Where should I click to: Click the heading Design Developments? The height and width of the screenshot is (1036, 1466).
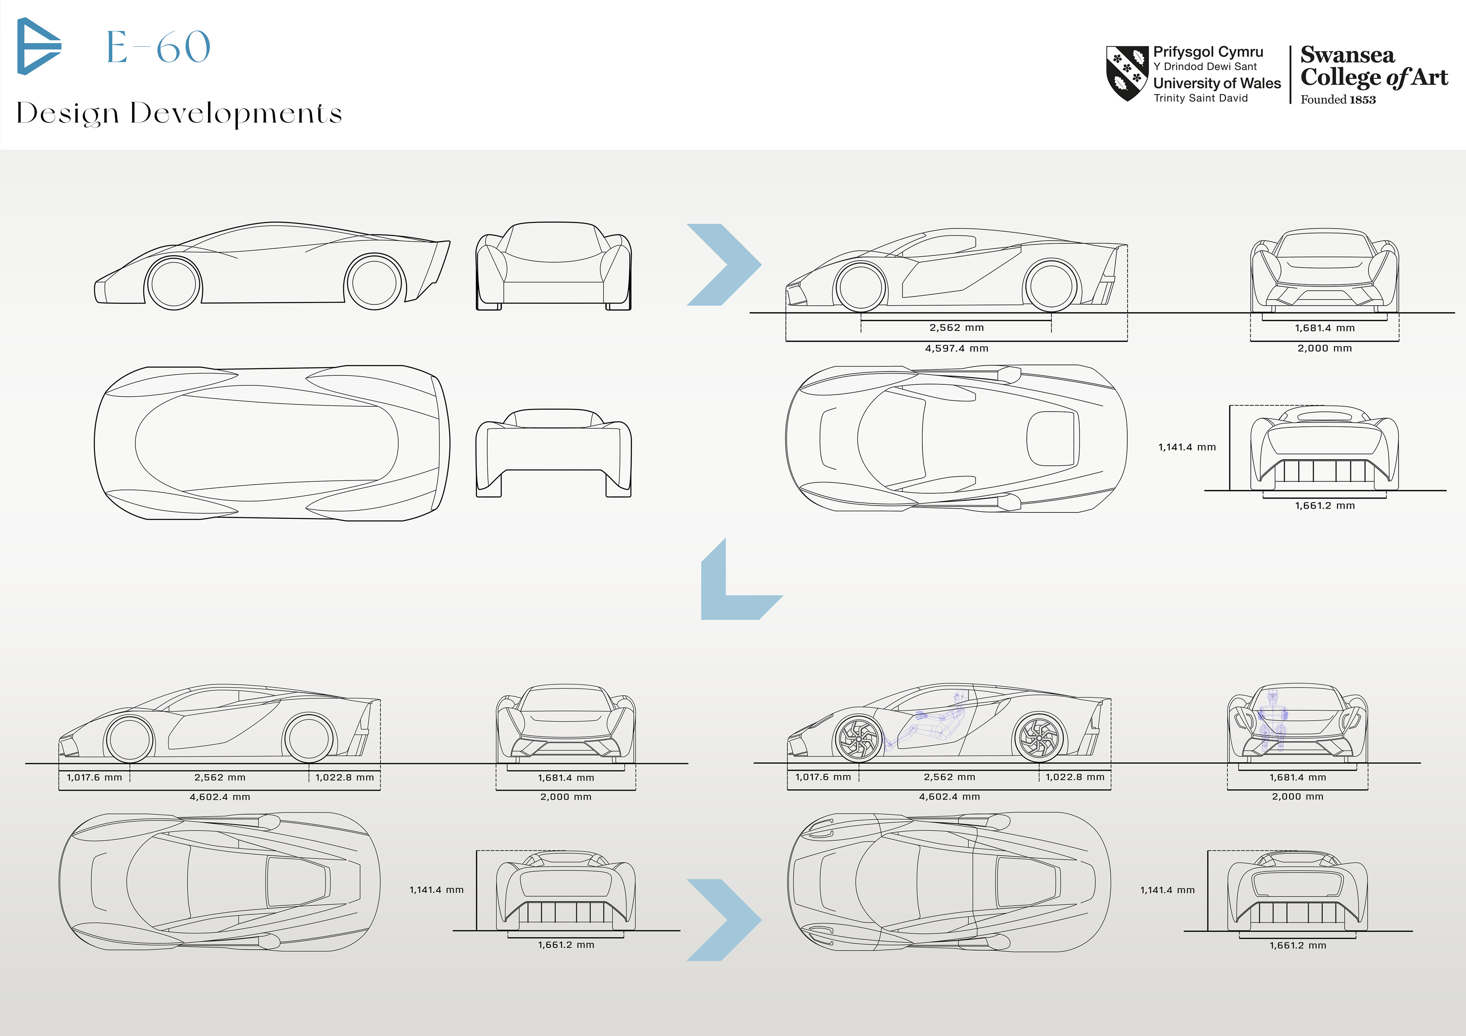click(x=179, y=114)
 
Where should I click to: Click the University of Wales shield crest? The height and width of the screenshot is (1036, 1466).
click(x=1127, y=73)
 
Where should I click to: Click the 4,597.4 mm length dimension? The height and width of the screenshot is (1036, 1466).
click(x=956, y=348)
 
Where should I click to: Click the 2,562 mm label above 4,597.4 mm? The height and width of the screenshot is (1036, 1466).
click(x=956, y=327)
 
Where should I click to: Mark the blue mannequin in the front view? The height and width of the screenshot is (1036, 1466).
click(x=1272, y=721)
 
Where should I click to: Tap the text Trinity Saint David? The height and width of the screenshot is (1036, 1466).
click(x=1200, y=98)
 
